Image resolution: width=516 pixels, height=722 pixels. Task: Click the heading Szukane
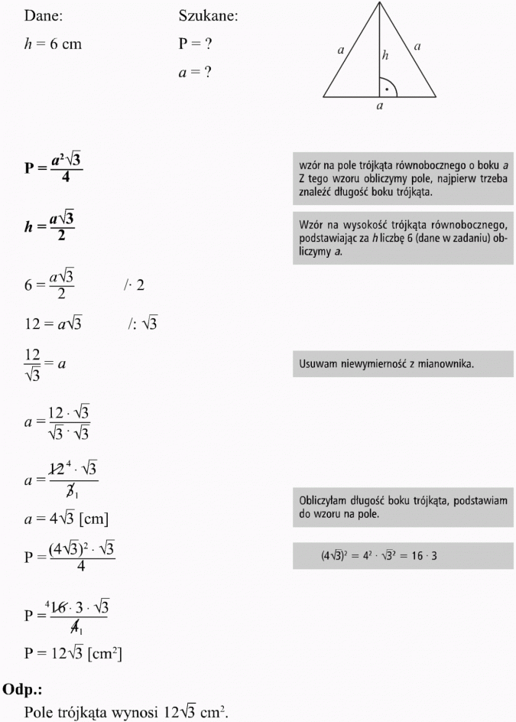[208, 16]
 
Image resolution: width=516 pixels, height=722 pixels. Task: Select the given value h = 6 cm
[53, 44]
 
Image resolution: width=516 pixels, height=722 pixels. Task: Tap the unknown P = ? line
[195, 44]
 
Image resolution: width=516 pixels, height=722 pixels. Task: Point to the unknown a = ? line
[194, 73]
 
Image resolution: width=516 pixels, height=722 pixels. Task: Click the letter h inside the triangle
[385, 55]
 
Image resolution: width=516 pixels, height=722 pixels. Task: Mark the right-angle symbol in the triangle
[388, 88]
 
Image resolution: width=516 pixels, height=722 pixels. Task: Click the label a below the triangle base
[380, 107]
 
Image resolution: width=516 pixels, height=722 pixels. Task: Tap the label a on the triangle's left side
[340, 50]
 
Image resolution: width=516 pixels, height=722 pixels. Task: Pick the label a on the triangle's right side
[417, 47]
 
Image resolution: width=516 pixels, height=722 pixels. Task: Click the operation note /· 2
[134, 285]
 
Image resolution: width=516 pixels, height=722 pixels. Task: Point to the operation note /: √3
[142, 324]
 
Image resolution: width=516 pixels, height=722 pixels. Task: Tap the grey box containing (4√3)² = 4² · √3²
[403, 555]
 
